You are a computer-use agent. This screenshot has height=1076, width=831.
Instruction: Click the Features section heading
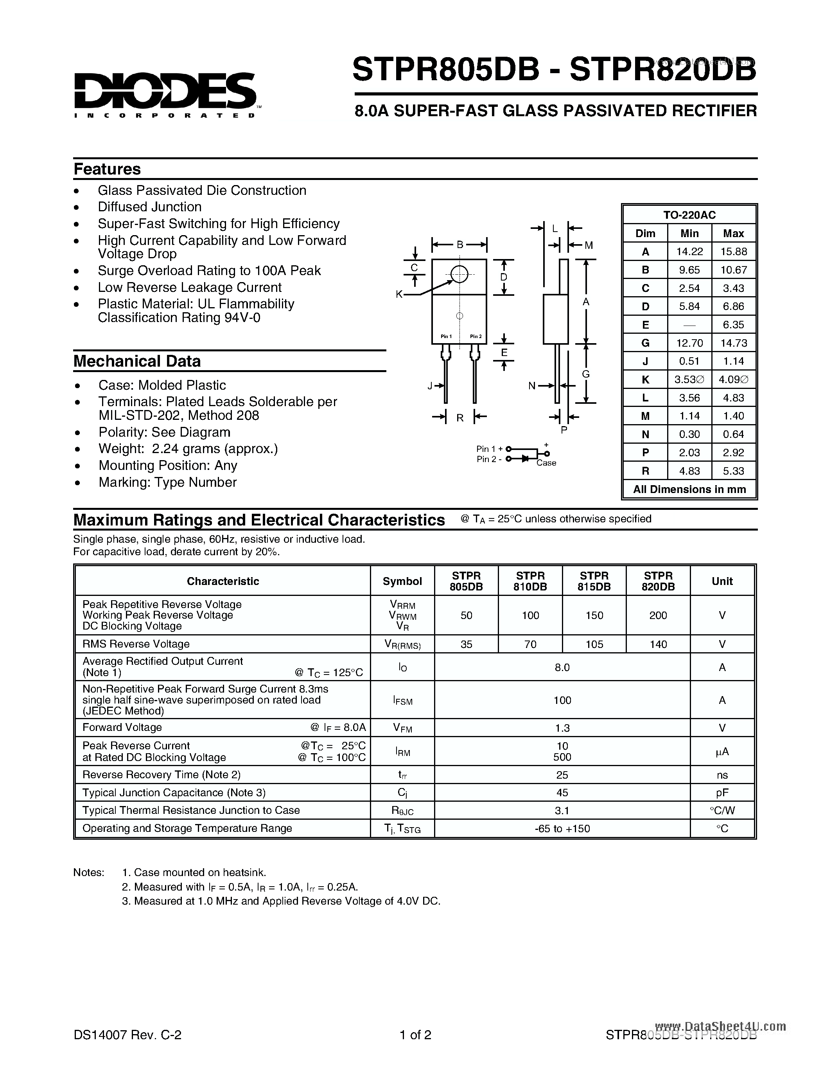(107, 169)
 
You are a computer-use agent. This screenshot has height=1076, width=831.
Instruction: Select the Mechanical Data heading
(137, 361)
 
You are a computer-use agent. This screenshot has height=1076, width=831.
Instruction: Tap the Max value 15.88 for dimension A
(733, 252)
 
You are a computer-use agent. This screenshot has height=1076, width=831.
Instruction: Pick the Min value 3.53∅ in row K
(689, 380)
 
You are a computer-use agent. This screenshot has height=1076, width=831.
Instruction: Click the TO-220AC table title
(689, 215)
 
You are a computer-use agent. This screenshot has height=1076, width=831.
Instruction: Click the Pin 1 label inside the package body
(446, 336)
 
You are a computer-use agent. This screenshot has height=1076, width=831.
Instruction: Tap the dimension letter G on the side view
(585, 374)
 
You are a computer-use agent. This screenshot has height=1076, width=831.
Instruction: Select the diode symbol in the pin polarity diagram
(525, 459)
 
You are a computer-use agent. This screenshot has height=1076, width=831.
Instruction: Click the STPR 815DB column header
(594, 581)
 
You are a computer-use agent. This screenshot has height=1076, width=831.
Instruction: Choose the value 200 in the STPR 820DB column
(658, 615)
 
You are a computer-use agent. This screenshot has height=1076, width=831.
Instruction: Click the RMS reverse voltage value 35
(466, 644)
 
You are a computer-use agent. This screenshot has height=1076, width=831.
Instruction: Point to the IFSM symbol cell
(402, 700)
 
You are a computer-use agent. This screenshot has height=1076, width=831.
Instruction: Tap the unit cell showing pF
(722, 792)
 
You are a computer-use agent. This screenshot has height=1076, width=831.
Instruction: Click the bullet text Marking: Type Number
(167, 482)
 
